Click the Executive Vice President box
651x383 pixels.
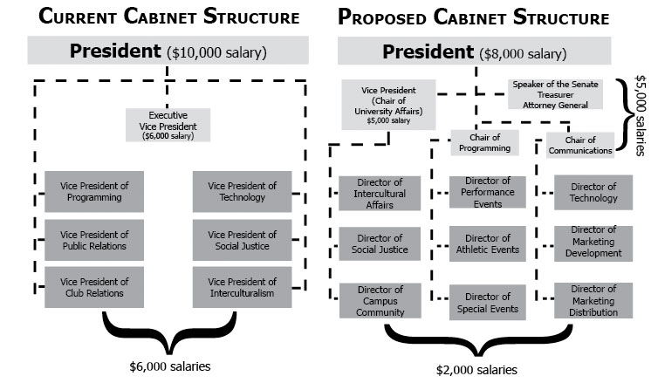tap(168, 125)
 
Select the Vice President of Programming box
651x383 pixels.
tap(94, 191)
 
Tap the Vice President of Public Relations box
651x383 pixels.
tap(94, 240)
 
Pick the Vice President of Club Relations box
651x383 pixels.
tap(94, 287)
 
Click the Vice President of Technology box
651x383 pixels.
tap(242, 191)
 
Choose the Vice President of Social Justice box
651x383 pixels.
tap(242, 240)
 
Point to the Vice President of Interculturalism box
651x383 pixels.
tap(242, 287)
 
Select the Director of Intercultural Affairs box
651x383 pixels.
tap(380, 193)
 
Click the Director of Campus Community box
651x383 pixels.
tap(380, 300)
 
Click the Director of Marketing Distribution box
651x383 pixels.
tap(593, 300)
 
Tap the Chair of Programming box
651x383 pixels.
tap(485, 141)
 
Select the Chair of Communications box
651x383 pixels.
tap(580, 145)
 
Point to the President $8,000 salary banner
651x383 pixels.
tap(476, 51)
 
